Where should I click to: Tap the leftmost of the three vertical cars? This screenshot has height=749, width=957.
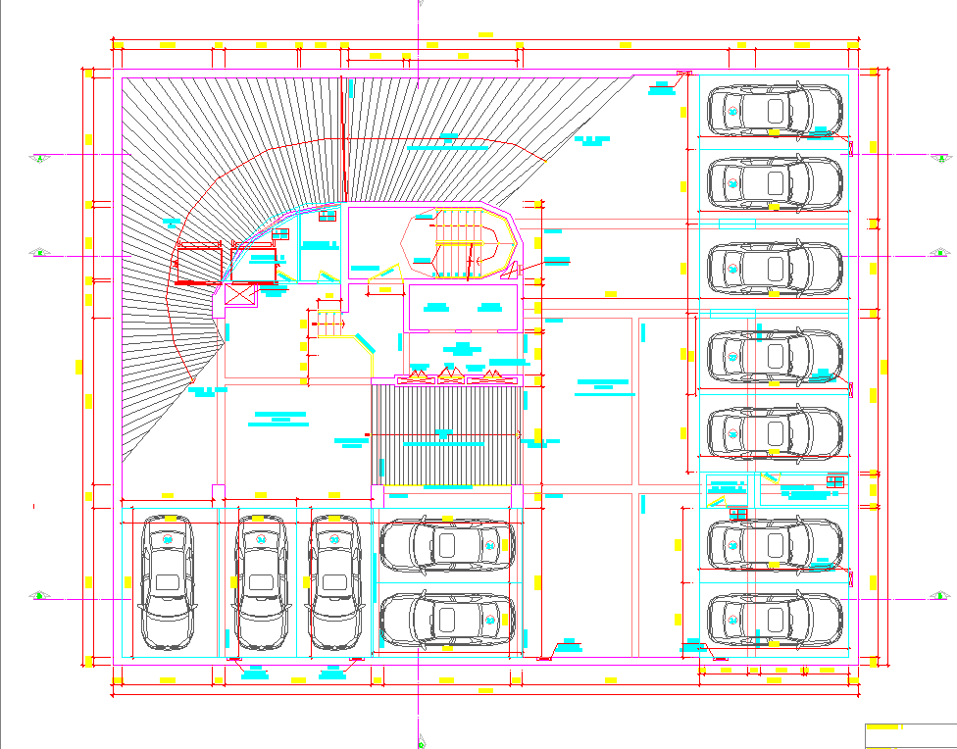(x=167, y=582)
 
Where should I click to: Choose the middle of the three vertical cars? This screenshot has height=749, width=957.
(x=260, y=582)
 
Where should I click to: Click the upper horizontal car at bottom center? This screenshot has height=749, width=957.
(x=447, y=545)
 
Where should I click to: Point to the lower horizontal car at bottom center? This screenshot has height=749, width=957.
(x=447, y=618)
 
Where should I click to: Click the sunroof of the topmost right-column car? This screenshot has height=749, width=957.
(x=776, y=109)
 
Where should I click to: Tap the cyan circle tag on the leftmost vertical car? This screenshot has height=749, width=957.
(x=167, y=539)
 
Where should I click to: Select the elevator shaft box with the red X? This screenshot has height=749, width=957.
(x=240, y=295)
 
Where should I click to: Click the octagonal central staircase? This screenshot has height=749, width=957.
(x=460, y=242)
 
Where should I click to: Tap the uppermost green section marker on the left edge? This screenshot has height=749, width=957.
(x=39, y=157)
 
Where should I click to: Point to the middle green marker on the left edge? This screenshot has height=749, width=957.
(x=39, y=252)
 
